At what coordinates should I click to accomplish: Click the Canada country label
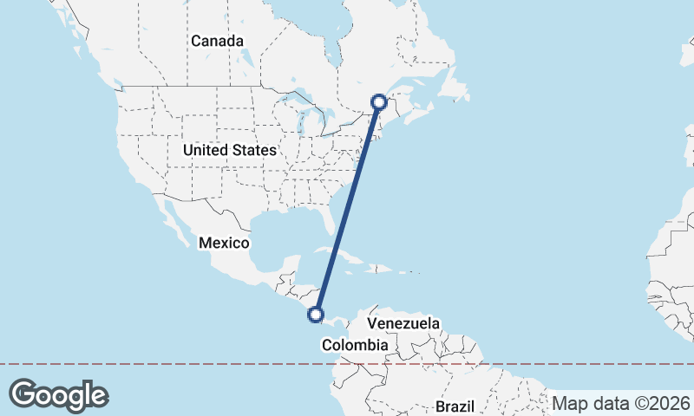(218, 41)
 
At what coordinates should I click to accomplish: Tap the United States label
(229, 150)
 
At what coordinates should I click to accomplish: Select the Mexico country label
(224, 243)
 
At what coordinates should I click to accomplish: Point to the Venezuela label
(403, 323)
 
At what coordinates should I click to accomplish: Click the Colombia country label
(354, 345)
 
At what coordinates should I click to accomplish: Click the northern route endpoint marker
(379, 101)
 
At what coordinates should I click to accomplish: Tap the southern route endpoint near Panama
(317, 315)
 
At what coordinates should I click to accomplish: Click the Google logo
(58, 394)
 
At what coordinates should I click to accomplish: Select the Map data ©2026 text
(621, 403)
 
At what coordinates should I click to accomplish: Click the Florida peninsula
(331, 221)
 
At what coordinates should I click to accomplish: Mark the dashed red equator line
(173, 364)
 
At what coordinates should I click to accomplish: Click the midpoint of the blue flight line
(348, 209)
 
